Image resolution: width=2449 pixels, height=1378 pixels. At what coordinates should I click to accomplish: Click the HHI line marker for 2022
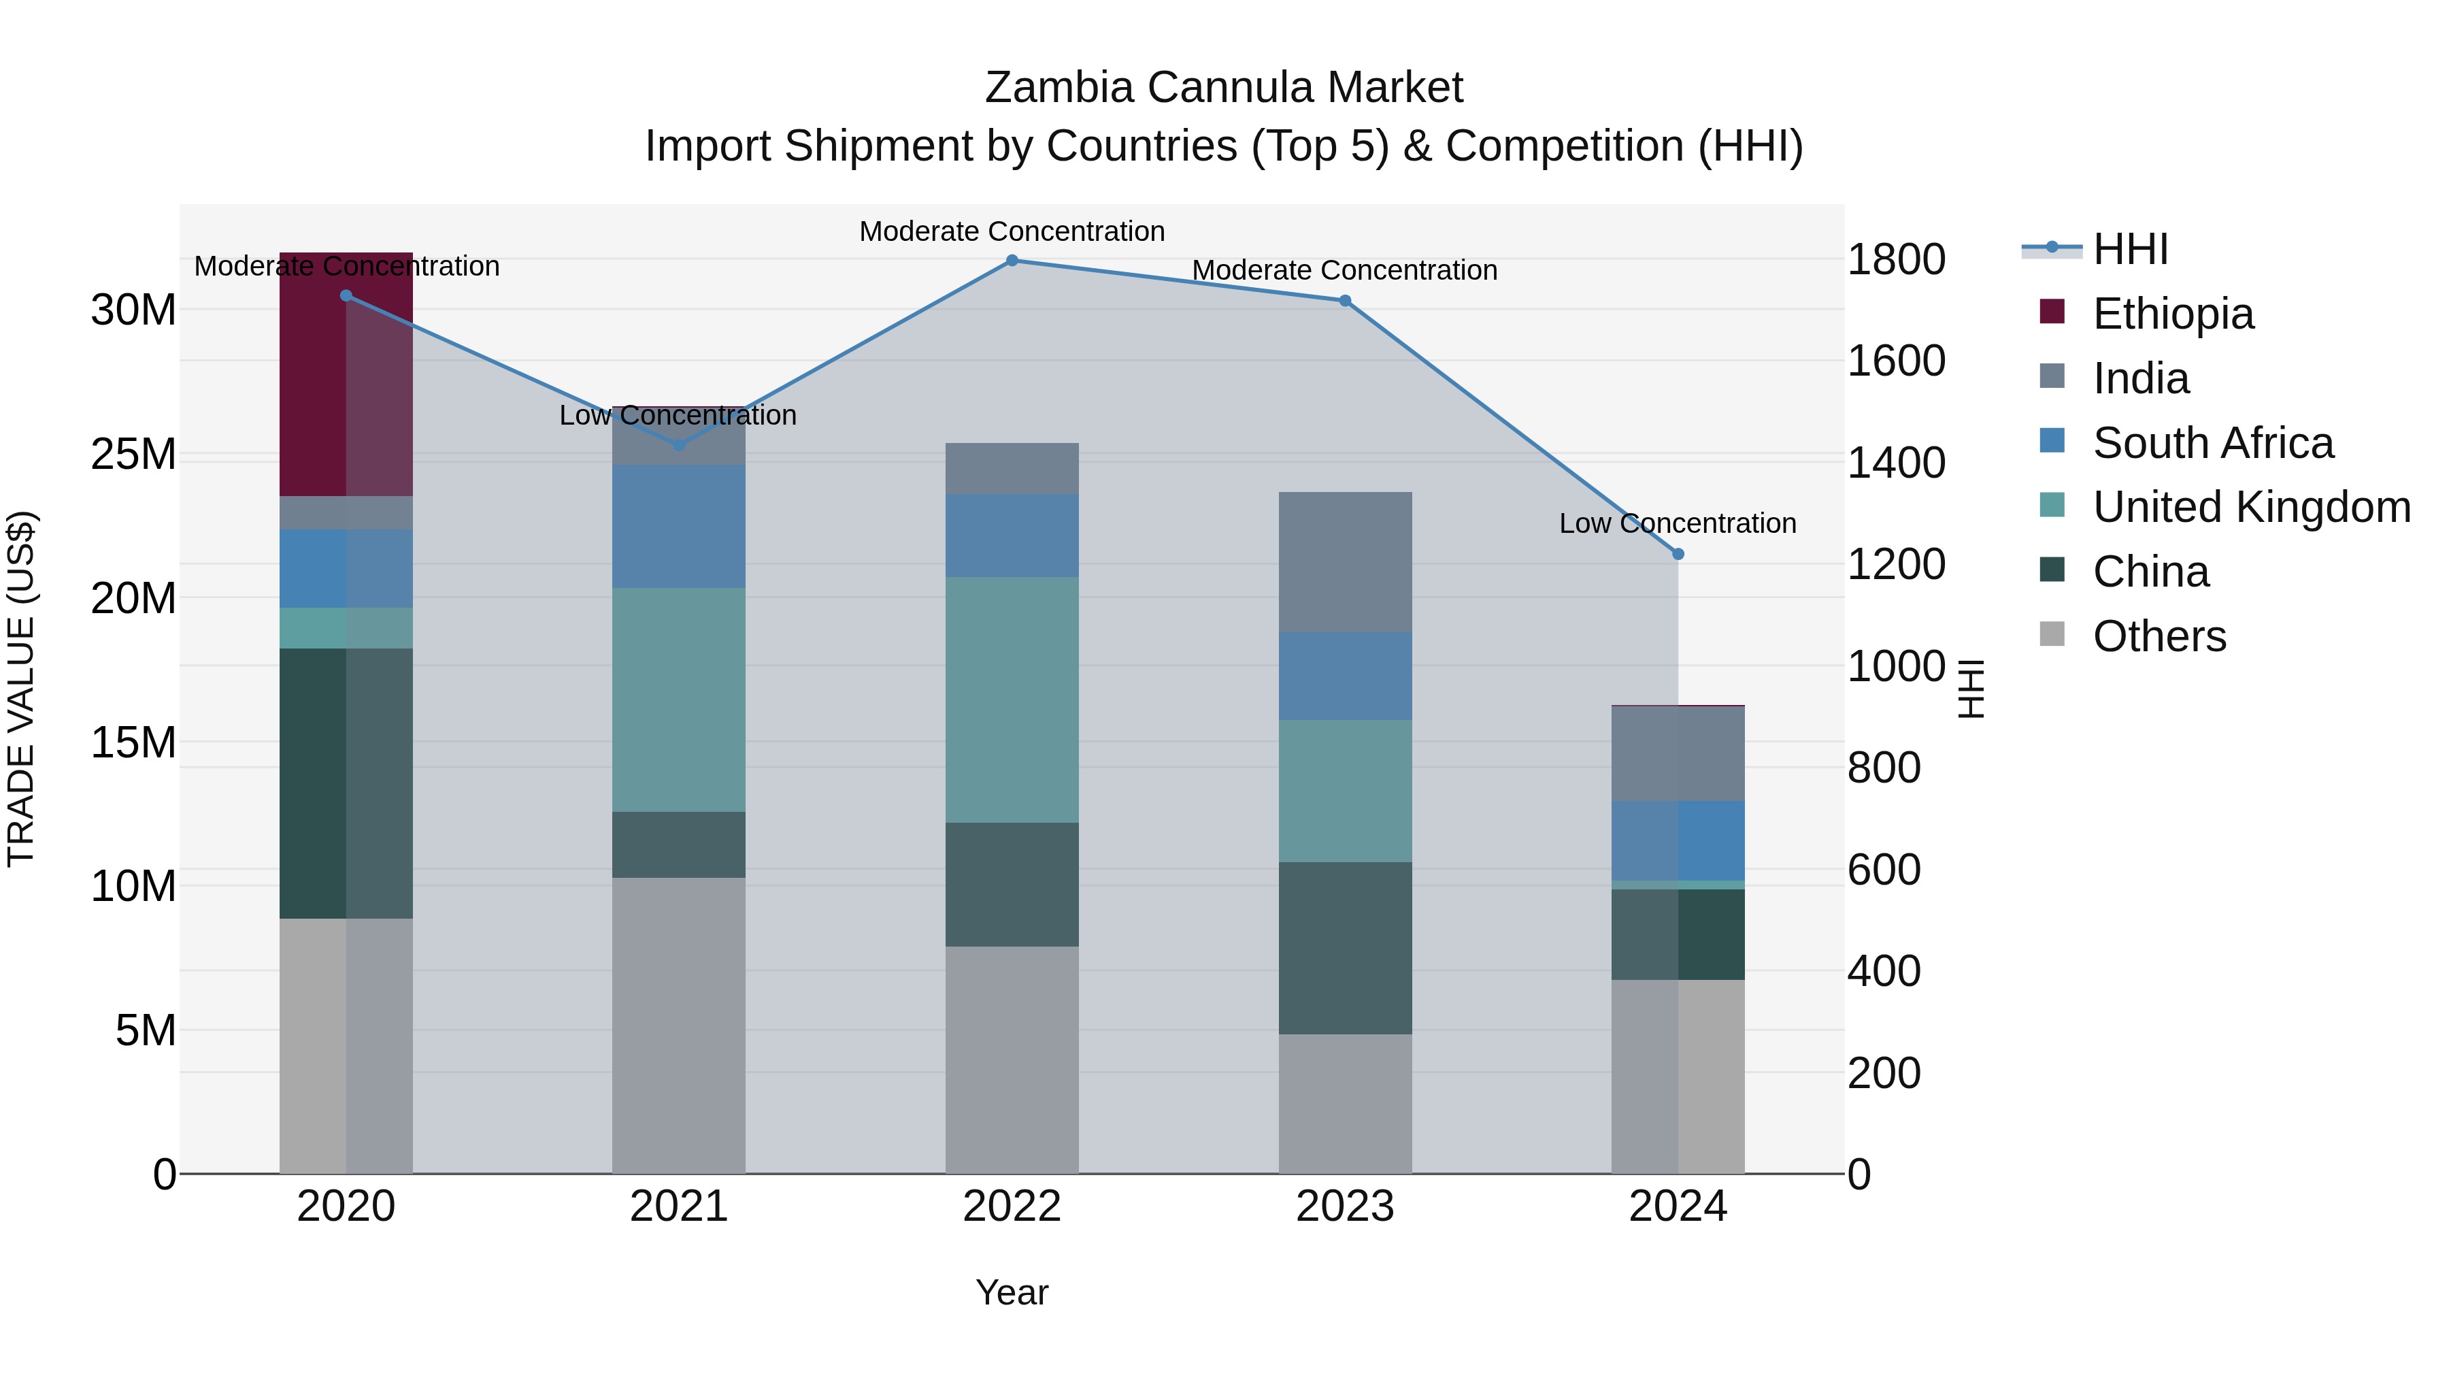point(1012,261)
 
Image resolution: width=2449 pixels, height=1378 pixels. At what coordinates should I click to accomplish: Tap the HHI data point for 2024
point(1678,553)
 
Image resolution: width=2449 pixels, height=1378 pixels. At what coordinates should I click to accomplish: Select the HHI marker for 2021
point(679,445)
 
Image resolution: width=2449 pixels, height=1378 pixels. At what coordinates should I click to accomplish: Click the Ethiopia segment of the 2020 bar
point(346,380)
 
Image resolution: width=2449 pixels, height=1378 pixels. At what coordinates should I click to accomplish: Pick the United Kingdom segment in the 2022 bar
point(1012,699)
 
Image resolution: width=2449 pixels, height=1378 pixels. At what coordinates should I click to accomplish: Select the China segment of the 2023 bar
point(1344,947)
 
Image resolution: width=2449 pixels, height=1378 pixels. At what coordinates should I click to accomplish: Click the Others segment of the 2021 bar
point(679,1026)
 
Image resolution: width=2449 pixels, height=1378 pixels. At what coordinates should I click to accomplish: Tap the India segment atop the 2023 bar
point(1344,562)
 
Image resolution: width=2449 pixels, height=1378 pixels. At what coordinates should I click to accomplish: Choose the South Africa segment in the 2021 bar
point(679,526)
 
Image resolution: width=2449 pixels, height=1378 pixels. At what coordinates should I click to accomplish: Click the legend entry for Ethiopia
point(2172,314)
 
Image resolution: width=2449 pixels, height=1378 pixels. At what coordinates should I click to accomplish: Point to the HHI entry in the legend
point(2129,249)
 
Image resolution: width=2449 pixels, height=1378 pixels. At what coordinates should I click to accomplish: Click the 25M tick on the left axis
point(133,455)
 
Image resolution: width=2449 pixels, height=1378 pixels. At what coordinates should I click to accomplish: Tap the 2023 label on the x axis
point(1344,1207)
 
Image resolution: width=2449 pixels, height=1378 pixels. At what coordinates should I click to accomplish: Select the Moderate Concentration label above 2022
point(1012,231)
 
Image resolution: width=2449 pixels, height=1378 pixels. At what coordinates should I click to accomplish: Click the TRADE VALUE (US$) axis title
point(21,689)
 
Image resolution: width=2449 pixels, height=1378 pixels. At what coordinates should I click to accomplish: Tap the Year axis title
point(1012,1292)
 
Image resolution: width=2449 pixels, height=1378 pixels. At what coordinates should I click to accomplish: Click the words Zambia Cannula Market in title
point(1224,88)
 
